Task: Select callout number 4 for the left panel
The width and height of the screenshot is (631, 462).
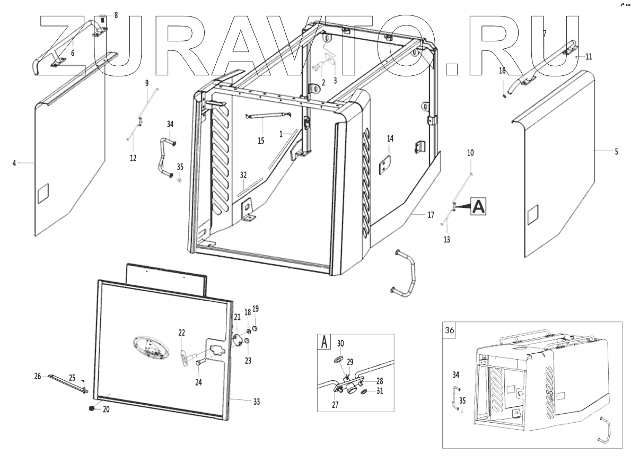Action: coord(14,163)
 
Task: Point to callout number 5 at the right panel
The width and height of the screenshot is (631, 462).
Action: coord(616,152)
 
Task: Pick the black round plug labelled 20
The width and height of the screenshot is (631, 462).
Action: coord(92,408)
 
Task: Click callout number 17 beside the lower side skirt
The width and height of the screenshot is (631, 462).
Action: coord(431,215)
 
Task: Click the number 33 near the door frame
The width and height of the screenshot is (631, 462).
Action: coord(256,402)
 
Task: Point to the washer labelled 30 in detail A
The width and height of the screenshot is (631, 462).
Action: coord(340,359)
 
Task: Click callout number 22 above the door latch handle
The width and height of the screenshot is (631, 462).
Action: coord(181,333)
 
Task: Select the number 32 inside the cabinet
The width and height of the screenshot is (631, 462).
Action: coord(243,175)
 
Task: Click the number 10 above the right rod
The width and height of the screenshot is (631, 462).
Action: coord(470,152)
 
